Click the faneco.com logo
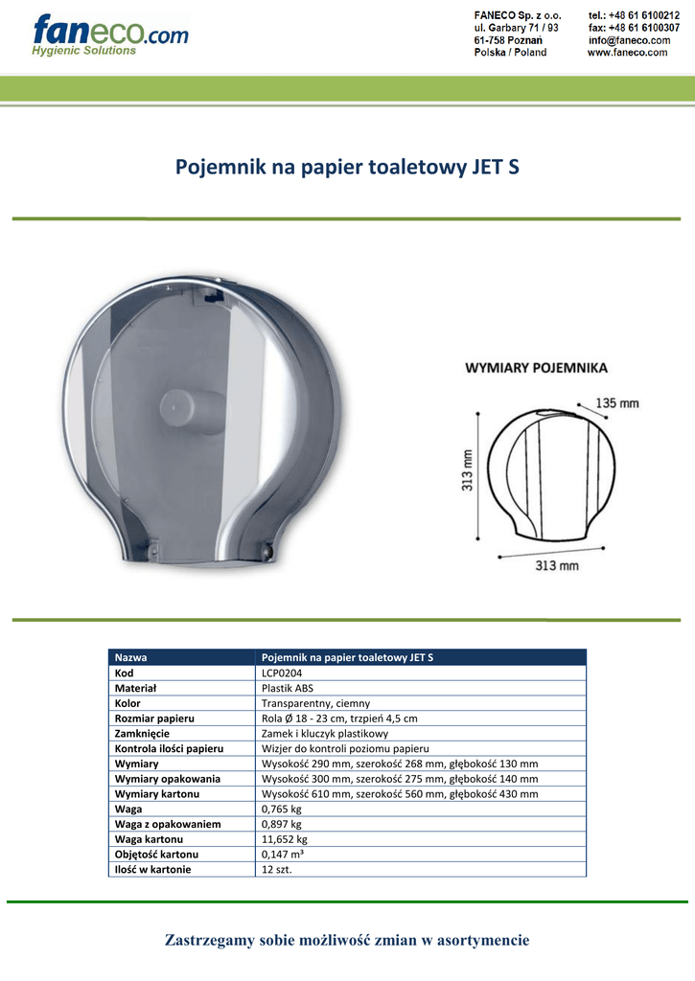click(109, 34)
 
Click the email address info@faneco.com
click(629, 40)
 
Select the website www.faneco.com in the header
click(627, 53)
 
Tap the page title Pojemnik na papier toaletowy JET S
click(347, 167)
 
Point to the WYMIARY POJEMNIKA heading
click(536, 368)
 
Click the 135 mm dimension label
click(616, 403)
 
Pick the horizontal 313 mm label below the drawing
click(556, 565)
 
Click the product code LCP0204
click(281, 673)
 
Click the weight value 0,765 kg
click(282, 809)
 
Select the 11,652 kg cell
click(285, 839)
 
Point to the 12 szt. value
click(277, 869)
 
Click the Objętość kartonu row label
click(156, 854)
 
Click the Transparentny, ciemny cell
click(315, 703)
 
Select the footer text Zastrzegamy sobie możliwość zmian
click(347, 940)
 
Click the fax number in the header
click(634, 28)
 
